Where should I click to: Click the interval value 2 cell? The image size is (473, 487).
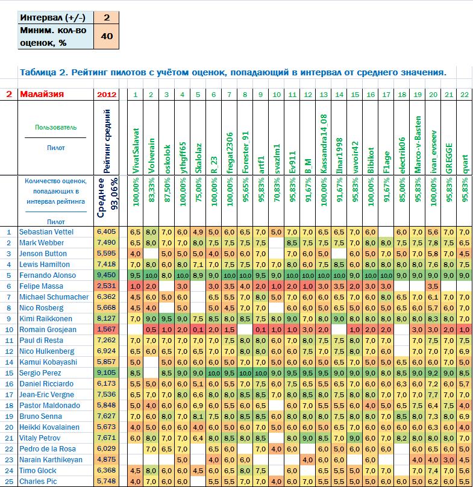106,18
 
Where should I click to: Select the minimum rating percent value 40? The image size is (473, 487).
106,37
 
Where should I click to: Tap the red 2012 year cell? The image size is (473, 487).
105,94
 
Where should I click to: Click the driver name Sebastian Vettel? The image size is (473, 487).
46,231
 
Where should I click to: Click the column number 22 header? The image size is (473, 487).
464,94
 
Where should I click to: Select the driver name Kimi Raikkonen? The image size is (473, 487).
46,319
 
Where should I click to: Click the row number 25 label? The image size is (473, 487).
8,482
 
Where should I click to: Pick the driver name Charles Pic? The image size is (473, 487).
38,482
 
